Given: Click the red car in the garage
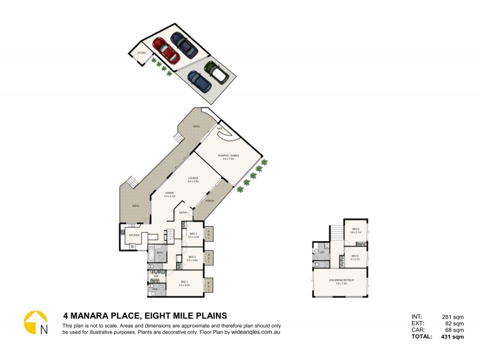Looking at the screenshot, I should coord(166,50).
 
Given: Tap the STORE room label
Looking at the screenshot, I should coord(142,53).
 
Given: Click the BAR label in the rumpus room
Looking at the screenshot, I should coord(220,128).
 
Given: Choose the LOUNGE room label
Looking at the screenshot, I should coord(193,178).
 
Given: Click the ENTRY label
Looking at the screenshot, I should coord(183,213).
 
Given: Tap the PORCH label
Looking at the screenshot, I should coord(210,201).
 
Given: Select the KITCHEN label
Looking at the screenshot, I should coord(134,235).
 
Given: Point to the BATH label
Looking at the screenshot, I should coord(160,253).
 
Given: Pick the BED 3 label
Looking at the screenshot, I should coord(193,235).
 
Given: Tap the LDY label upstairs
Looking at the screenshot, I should coord(322,253).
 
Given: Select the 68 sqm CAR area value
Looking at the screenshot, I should coord(455,330).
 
